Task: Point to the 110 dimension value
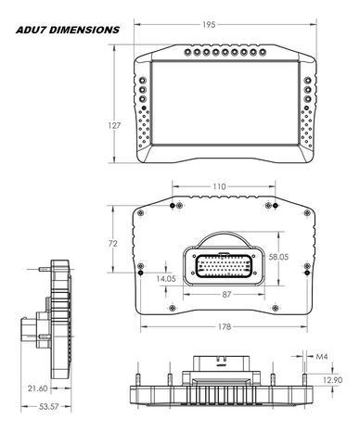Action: click(219, 186)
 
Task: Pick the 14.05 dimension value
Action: click(167, 277)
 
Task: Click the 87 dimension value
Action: click(226, 294)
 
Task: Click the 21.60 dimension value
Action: click(38, 388)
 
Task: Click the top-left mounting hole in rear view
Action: click(174, 204)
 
